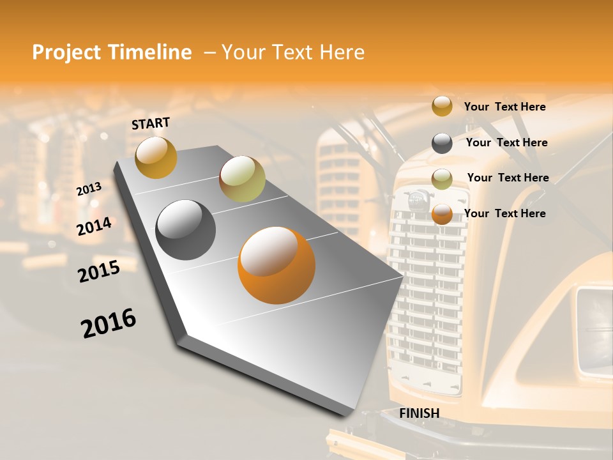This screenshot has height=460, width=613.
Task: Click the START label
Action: [151, 123]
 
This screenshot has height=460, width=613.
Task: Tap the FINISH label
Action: [419, 413]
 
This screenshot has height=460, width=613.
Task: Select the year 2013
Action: [89, 189]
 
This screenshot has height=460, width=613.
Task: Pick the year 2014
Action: [95, 226]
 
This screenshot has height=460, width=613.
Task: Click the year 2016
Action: [109, 323]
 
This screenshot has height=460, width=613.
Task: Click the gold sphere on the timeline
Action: [156, 157]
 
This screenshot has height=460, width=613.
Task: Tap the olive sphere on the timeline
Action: [242, 179]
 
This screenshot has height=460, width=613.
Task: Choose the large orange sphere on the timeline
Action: [276, 265]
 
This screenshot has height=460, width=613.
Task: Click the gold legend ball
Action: [442, 106]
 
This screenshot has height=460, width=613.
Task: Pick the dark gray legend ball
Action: [442, 143]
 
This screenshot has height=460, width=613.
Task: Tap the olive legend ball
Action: [442, 179]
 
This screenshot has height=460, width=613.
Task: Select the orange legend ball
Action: [442, 214]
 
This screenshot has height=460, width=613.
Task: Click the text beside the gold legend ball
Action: [504, 107]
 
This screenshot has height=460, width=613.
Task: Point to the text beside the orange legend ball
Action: [504, 213]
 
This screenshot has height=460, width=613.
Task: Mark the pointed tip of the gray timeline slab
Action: [402, 276]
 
